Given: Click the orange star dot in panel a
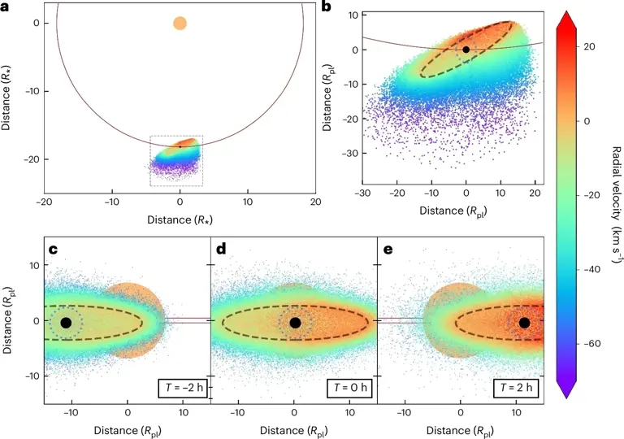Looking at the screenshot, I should (180, 23).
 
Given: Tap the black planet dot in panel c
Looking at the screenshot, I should (66, 323).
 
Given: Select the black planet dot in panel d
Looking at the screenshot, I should (295, 323).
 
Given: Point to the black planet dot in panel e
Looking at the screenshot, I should (524, 323).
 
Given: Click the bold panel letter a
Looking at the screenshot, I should (6, 7).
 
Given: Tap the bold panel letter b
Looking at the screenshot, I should (326, 7).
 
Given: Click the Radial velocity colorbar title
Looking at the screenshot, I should (614, 195).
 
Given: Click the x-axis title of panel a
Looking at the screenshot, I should (180, 219).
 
